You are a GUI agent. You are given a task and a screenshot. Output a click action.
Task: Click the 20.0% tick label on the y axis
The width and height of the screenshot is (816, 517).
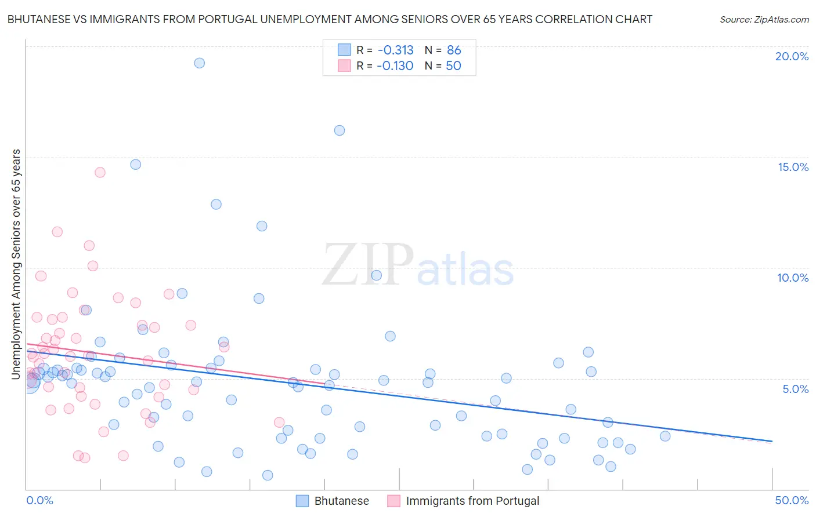(792, 56)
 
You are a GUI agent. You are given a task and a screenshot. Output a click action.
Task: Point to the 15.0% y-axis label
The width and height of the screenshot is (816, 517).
(793, 167)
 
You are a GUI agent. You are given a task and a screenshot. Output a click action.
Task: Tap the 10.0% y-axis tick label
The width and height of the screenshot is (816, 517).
(793, 278)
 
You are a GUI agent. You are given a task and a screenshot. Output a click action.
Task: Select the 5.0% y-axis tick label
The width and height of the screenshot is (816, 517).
(795, 389)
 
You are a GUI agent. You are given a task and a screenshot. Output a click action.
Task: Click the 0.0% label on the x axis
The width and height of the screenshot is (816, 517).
(39, 500)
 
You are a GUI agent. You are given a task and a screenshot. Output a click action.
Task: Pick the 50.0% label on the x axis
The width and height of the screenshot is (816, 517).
(792, 500)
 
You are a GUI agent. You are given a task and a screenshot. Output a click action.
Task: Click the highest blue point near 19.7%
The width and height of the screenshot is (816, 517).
(199, 63)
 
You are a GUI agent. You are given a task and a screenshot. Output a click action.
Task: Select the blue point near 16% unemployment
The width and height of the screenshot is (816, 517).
(340, 130)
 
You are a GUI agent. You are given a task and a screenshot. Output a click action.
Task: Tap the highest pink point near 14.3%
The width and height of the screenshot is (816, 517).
(100, 172)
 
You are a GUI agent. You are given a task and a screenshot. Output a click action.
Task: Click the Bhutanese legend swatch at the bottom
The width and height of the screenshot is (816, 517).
(302, 501)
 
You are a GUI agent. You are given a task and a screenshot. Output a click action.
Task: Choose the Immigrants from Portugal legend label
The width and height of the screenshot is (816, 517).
(472, 501)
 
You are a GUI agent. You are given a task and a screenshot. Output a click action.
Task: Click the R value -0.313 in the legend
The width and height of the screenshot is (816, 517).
(395, 50)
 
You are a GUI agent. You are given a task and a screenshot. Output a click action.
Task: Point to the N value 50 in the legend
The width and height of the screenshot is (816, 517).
(453, 66)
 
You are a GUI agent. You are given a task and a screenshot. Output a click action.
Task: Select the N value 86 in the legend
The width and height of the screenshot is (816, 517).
(454, 50)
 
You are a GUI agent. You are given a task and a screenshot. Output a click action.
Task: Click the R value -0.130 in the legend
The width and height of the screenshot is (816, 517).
(395, 66)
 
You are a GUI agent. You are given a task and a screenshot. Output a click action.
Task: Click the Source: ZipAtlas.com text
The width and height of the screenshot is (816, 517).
(764, 19)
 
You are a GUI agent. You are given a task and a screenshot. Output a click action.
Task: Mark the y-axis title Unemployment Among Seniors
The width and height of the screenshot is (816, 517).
(16, 264)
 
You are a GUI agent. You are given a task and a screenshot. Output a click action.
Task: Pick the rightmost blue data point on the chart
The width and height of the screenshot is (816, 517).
(665, 436)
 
